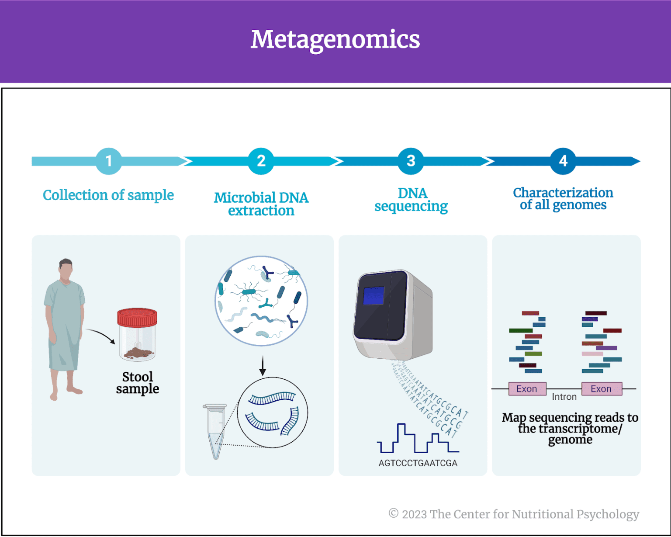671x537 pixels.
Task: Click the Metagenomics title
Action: (335, 39)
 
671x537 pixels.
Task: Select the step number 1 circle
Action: (109, 161)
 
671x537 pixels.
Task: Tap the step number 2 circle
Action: (261, 161)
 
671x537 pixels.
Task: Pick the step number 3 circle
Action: (411, 161)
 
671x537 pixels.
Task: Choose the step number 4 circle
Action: (563, 161)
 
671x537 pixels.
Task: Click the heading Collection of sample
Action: (108, 195)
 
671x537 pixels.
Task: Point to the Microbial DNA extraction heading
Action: (261, 204)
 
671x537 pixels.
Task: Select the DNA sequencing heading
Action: (411, 200)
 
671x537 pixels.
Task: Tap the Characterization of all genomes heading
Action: (563, 199)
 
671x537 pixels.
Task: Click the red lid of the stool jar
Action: (137, 317)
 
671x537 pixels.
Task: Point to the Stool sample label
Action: (138, 383)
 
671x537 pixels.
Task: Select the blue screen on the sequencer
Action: (374, 296)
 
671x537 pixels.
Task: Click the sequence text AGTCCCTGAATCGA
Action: (418, 463)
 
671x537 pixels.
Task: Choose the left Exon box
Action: (527, 388)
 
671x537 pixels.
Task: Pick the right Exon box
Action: (601, 388)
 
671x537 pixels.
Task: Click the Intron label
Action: (564, 397)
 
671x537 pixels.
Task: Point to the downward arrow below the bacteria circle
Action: (263, 366)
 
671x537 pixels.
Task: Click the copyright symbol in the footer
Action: (394, 513)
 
